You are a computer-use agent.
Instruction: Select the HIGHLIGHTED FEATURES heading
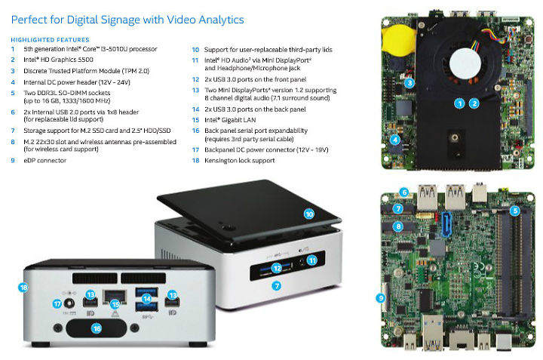51,40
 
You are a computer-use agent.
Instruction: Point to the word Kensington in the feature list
220,161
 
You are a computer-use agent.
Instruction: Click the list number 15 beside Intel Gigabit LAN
195,120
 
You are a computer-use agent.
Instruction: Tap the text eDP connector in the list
44,161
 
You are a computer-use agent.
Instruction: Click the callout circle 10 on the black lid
309,214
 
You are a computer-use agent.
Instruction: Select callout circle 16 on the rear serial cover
97,328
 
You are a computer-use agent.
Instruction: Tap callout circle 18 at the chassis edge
23,288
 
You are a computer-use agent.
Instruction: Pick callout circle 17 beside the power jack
57,304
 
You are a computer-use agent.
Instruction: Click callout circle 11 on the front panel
312,260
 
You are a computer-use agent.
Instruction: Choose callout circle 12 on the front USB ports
277,268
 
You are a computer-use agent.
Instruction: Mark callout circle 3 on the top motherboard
410,83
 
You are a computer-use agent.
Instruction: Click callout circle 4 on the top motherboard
395,140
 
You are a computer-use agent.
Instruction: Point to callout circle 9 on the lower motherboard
381,297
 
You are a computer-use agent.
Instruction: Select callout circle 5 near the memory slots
515,211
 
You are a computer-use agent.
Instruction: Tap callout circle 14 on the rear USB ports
147,298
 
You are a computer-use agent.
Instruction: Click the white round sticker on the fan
465,63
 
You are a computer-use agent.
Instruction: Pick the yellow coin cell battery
398,40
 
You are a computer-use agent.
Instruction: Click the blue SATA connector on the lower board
446,224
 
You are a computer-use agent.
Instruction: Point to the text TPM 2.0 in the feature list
136,71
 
